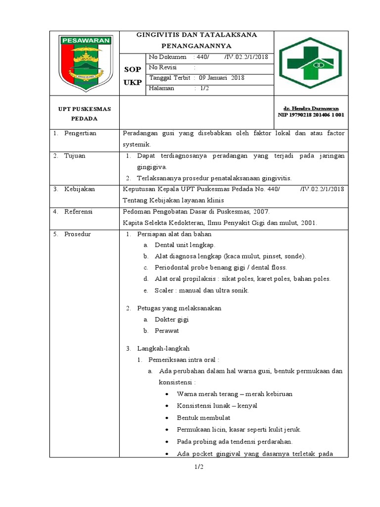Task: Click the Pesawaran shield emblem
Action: (85, 63)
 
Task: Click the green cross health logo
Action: (311, 63)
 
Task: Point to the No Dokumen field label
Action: (168, 57)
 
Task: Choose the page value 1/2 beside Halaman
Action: (204, 88)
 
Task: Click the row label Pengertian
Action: (80, 133)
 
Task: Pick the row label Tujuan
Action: (75, 155)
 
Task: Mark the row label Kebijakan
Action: (79, 189)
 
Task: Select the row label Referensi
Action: (79, 211)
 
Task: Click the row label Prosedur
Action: (78, 234)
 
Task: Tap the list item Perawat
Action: (167, 330)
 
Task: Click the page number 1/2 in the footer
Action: (199, 467)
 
